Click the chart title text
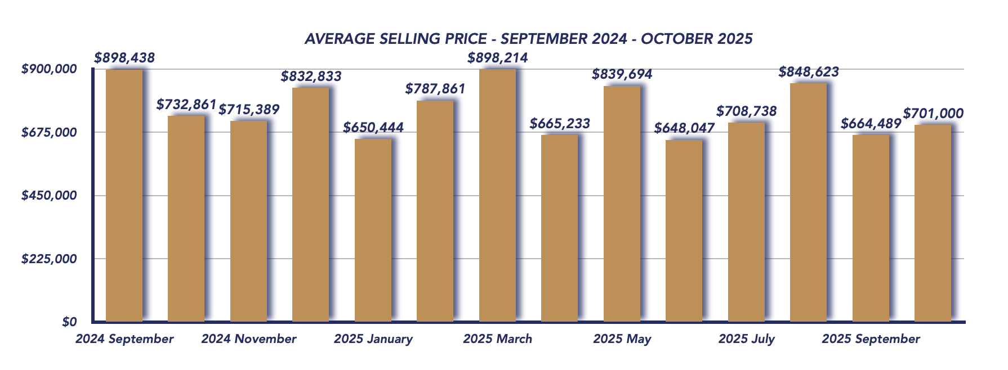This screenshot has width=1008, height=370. [528, 39]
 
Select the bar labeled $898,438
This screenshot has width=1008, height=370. [124, 195]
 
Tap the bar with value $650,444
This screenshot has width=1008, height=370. [373, 231]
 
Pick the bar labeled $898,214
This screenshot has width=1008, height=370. [497, 195]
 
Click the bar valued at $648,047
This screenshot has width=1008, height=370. [684, 231]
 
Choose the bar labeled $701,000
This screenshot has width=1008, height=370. [933, 223]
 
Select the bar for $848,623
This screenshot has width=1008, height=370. [808, 202]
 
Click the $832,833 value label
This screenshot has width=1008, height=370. [311, 76]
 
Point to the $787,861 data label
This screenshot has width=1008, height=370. [435, 89]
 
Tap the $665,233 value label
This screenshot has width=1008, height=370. [560, 124]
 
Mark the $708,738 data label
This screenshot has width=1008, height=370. [746, 111]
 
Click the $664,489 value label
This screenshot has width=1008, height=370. [871, 124]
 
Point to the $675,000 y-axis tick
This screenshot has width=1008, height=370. [48, 133]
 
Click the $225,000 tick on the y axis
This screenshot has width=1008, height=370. [48, 259]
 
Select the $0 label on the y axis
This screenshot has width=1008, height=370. [69, 322]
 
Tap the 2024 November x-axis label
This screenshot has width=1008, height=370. [248, 339]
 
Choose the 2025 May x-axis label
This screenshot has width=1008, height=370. [622, 339]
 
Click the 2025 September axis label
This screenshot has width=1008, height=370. [871, 339]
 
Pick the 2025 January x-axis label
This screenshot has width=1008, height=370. [373, 339]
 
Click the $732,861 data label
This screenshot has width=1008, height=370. [186, 105]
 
